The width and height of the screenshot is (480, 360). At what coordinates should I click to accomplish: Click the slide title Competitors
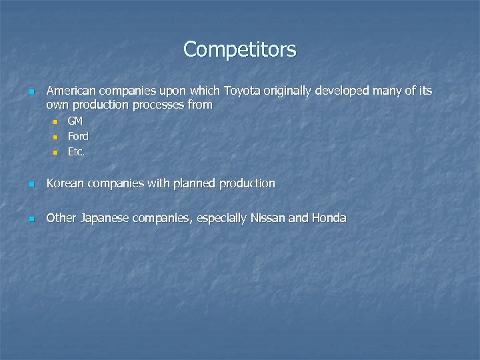tap(240, 49)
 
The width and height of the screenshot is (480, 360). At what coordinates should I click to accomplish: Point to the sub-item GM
tap(75, 121)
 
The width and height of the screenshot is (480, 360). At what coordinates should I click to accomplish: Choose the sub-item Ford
tap(78, 136)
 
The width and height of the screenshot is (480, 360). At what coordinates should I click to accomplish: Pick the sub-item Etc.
tap(76, 151)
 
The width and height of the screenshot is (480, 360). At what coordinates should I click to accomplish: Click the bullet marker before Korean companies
tap(31, 184)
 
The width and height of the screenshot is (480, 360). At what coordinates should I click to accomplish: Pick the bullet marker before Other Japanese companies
tap(31, 219)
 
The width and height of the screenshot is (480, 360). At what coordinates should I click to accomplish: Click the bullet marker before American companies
tap(31, 91)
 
